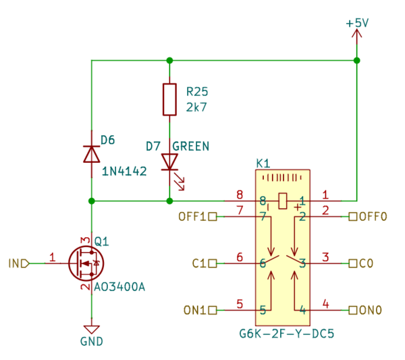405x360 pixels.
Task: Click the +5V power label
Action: [357, 22]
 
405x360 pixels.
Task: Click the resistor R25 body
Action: [169, 99]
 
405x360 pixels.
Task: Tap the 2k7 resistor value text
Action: [196, 106]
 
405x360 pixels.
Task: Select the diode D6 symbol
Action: [91, 154]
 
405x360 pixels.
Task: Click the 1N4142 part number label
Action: [124, 172]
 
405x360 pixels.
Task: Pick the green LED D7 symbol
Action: [169, 161]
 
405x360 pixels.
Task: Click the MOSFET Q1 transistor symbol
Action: [86, 262]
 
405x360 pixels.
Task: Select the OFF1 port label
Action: [192, 217]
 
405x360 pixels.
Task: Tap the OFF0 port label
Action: [373, 217]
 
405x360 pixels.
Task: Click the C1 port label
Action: [200, 263]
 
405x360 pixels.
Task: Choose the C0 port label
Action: [367, 263]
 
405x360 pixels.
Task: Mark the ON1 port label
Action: [195, 310]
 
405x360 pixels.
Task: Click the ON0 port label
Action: [371, 310]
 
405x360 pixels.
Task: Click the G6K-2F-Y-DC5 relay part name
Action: [287, 334]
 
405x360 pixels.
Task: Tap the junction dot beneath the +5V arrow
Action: [357, 61]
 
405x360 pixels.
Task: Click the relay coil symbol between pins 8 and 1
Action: [282, 201]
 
